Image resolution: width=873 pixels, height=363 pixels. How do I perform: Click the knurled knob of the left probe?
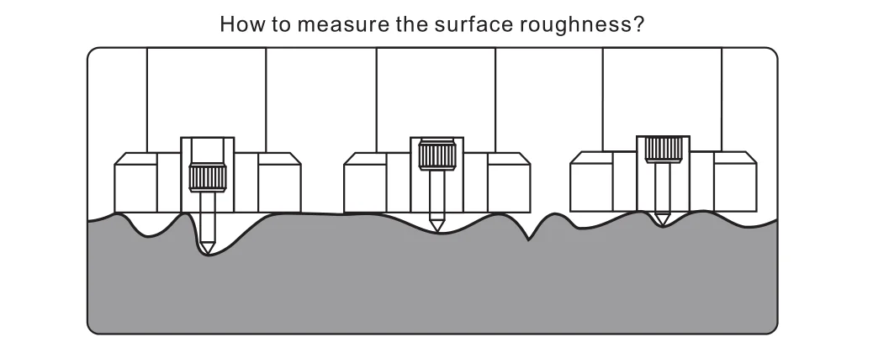click(207, 177)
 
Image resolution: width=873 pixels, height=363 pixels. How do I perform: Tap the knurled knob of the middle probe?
click(436, 154)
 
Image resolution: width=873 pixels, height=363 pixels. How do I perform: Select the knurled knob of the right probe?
click(664, 150)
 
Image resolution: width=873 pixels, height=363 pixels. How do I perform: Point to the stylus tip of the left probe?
click(207, 250)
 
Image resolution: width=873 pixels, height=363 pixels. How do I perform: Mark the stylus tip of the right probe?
click(664, 221)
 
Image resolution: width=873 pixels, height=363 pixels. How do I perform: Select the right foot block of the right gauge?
click(734, 182)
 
